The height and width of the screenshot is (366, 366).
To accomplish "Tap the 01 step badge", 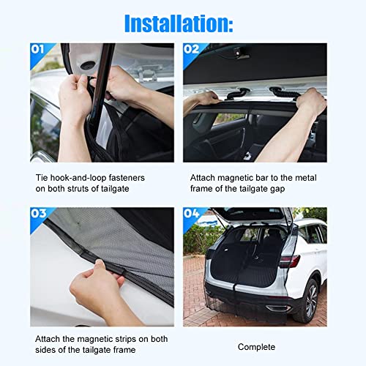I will click(40, 51).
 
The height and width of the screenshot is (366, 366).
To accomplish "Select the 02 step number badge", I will click(193, 51).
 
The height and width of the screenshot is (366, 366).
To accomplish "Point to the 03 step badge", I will click(40, 214).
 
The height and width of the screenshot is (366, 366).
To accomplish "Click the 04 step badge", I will click(193, 214).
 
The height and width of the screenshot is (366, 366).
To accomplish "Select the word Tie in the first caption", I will click(42, 177).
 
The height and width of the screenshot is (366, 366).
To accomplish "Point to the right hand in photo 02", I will click(311, 102).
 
